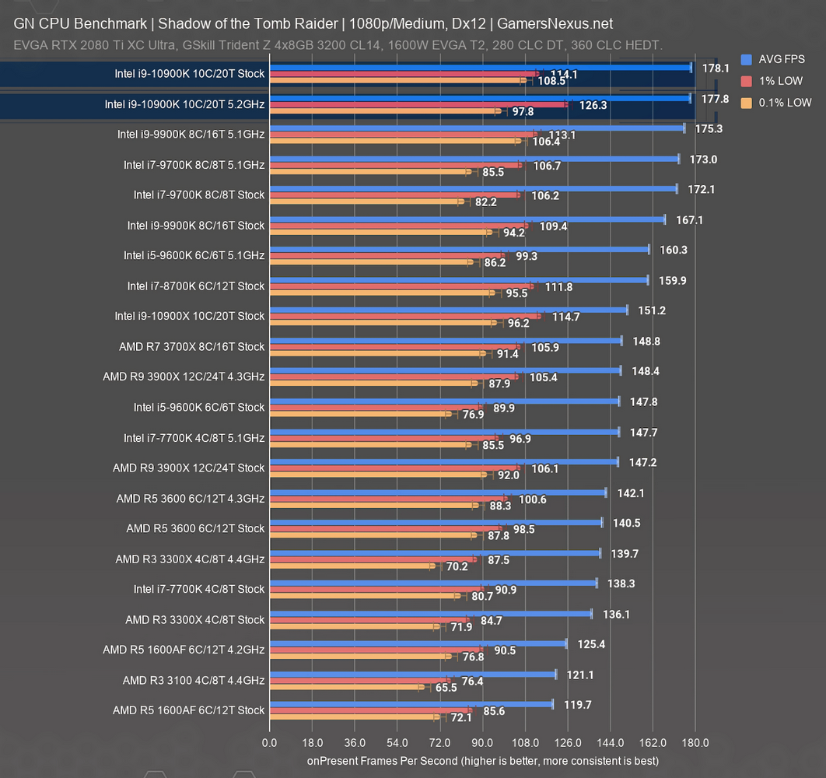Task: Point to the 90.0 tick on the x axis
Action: [x=482, y=742]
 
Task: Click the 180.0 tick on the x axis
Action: [x=695, y=742]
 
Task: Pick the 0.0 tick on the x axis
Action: [x=269, y=742]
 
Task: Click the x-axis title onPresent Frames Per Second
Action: [x=482, y=759]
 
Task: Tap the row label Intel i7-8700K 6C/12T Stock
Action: [x=196, y=286]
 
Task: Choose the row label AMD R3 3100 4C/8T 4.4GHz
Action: [x=194, y=680]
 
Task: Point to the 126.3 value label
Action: [x=593, y=104]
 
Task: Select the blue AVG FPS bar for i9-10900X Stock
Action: [x=448, y=310]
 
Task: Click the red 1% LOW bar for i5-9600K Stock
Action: [x=376, y=407]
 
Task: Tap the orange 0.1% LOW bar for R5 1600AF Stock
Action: [x=355, y=717]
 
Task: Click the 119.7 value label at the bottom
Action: [x=577, y=705]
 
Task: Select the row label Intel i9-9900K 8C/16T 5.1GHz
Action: [x=191, y=134]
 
